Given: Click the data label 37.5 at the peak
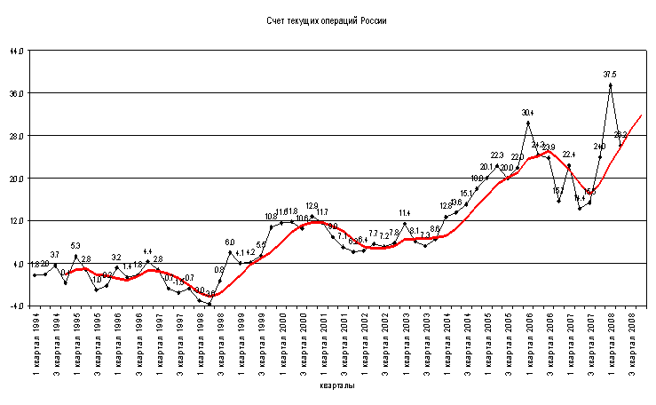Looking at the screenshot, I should pos(610,75).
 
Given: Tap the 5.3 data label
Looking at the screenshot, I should pos(75,246).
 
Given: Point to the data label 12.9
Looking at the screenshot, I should pos(312,206).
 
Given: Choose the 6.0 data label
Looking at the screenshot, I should pos(230,242).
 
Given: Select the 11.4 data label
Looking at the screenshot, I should pos(404,213).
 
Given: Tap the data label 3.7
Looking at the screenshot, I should pos(55,255).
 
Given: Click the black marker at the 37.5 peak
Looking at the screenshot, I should pos(610,85).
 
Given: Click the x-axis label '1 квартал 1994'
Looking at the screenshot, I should pos(35,343).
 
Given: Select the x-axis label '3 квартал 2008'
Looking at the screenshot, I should pos(630,343).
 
